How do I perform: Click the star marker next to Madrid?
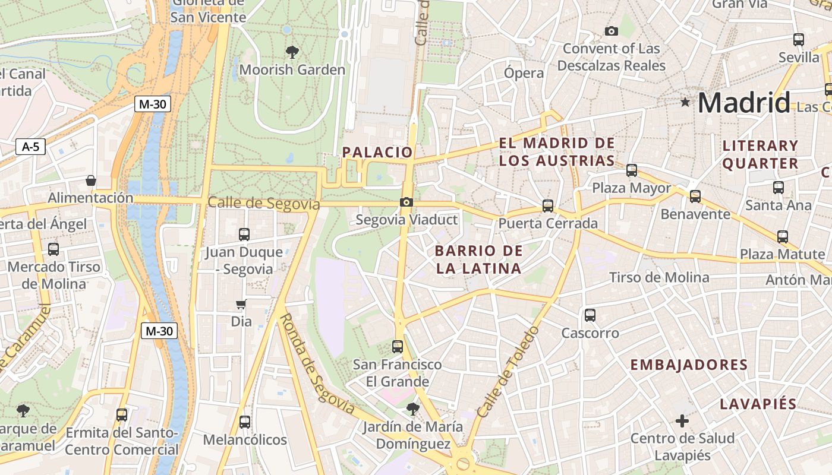tap(685, 102)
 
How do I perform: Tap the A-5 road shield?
tap(30, 146)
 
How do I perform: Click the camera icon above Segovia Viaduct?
tap(406, 202)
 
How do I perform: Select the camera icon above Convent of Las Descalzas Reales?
tap(611, 31)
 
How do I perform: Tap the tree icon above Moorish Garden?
tap(292, 52)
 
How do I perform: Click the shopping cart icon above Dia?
tap(241, 305)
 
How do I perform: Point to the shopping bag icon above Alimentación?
tap(91, 180)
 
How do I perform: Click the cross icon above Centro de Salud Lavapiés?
tap(682, 421)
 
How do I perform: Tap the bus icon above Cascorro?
tap(590, 315)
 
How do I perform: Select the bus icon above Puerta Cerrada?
tap(547, 206)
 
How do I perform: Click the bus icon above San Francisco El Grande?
tap(398, 347)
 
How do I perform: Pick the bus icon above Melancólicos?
tap(244, 422)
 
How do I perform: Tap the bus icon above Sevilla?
tap(799, 40)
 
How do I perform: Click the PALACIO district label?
tap(377, 153)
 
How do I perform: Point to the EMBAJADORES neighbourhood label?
tap(689, 365)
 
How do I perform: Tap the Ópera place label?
tap(524, 73)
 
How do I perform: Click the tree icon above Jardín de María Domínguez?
tap(413, 409)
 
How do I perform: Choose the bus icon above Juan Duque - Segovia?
tap(244, 235)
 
